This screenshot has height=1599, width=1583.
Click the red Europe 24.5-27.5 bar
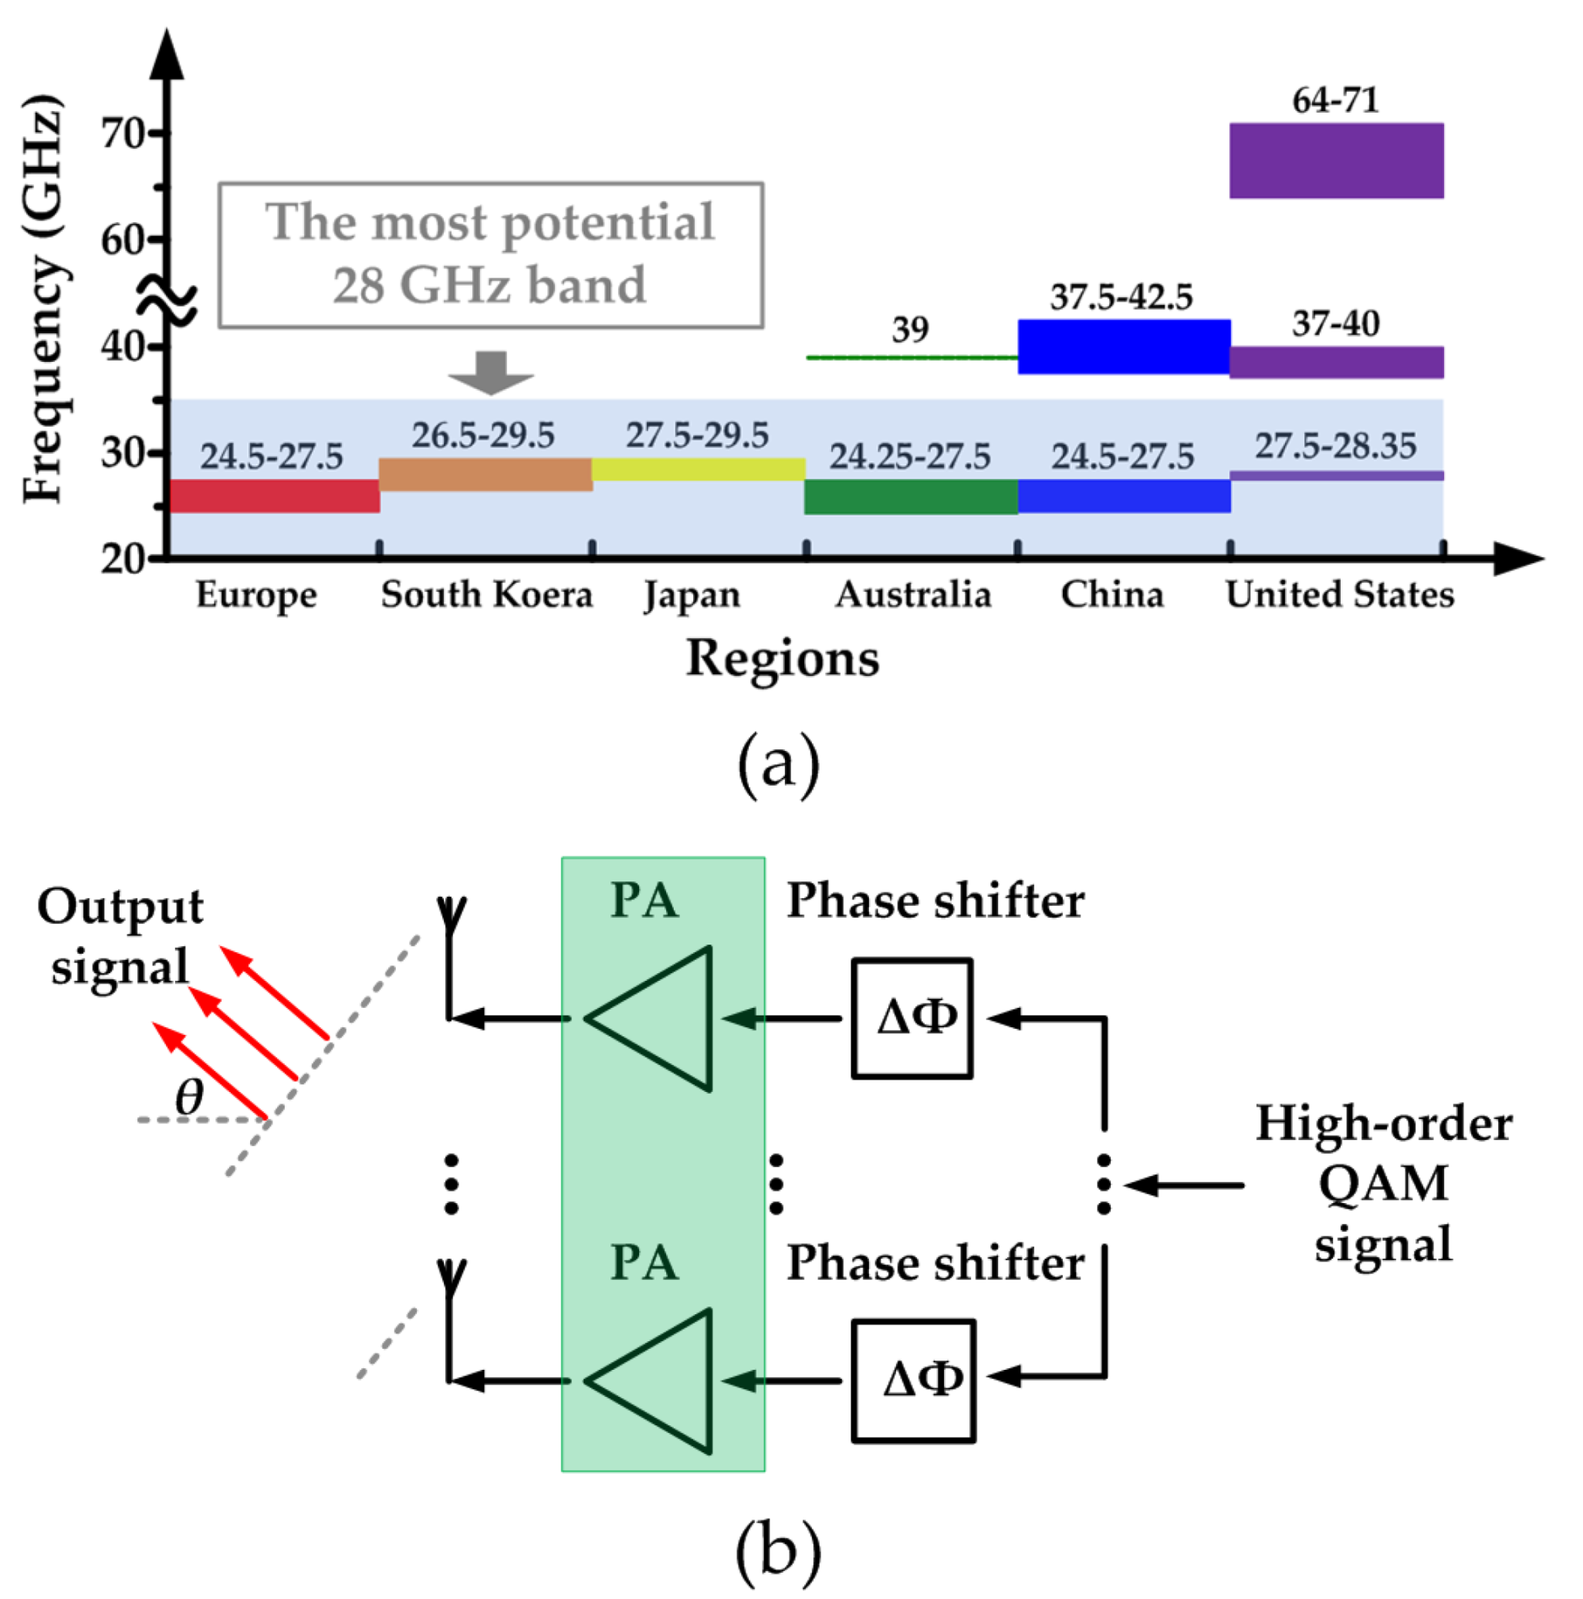click(274, 495)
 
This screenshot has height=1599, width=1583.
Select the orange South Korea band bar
click(485, 475)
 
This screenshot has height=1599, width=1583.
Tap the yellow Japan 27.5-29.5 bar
click(698, 469)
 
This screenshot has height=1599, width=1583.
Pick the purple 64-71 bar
click(1335, 161)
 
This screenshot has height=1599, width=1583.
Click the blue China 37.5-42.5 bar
click(1123, 346)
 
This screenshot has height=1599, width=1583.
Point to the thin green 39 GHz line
click(911, 357)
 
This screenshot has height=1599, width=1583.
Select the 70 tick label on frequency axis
click(123, 134)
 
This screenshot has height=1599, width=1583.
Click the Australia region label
click(912, 594)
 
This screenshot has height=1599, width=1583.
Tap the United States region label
click(1339, 594)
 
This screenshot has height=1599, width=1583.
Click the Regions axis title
click(783, 659)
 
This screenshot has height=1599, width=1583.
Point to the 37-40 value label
click(1335, 323)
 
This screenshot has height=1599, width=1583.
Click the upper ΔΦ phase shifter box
click(912, 1018)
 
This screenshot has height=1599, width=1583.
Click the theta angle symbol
click(189, 1097)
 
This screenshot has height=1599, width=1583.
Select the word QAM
click(1382, 1183)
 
